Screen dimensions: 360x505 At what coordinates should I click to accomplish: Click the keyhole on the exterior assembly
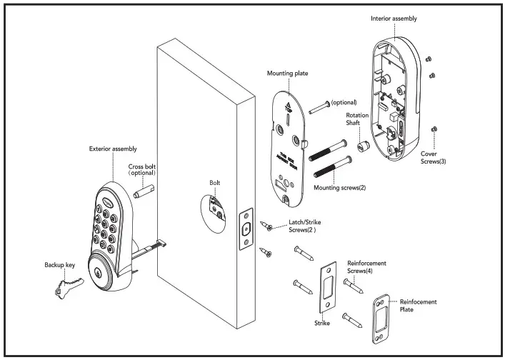96,273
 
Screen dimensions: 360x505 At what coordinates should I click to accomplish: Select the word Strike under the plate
322,324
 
